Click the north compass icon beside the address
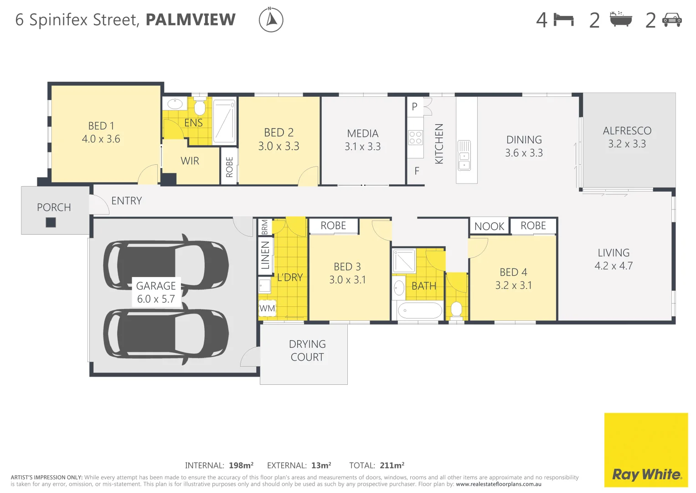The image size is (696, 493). coord(271,20)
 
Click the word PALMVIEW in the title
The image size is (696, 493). coord(191,20)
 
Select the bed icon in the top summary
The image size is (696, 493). coord(564,20)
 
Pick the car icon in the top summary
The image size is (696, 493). coord(672,20)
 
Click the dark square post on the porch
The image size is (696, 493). coord(51,222)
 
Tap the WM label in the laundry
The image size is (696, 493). coord(267,308)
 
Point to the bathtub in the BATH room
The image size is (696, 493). coord(420,311)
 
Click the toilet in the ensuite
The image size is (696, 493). coord(199,108)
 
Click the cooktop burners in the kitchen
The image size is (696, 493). coord(415,138)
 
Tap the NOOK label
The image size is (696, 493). coord(489,226)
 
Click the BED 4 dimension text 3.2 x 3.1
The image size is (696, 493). coord(513,285)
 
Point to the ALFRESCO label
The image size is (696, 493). coord(627,131)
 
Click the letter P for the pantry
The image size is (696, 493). coord(414,106)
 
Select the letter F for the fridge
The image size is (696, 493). coord(417,171)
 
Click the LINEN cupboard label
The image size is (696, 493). coord(265,256)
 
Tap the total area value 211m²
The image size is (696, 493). coord(392,466)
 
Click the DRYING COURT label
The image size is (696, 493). coord(307,351)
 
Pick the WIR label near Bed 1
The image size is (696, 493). coord(190,161)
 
